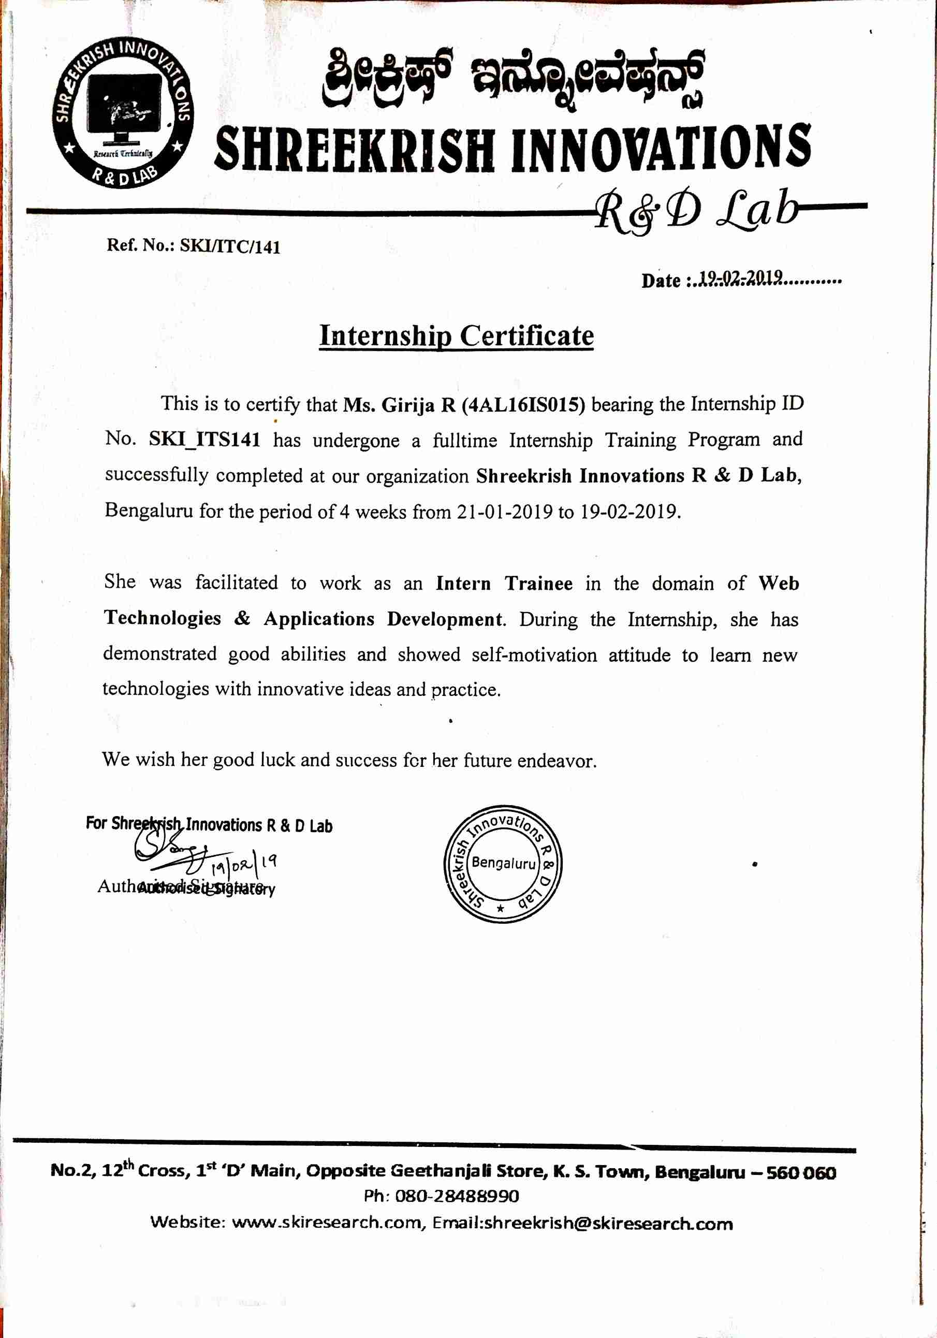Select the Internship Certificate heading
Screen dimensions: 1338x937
pos(456,336)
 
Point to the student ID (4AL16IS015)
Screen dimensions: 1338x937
pos(523,405)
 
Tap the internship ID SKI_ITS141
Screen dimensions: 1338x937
pos(204,440)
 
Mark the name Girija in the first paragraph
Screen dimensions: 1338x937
pos(407,405)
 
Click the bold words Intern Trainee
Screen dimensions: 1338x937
pos(504,584)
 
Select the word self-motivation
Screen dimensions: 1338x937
pos(534,655)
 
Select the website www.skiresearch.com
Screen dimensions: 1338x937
pos(326,1223)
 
